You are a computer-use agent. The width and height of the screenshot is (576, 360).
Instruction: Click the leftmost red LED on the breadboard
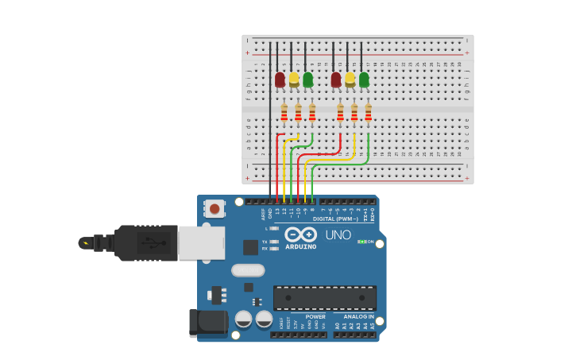coord(280,79)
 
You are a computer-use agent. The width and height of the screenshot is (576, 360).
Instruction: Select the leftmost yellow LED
coord(293,79)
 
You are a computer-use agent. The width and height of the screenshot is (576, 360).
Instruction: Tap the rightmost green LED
coord(364,79)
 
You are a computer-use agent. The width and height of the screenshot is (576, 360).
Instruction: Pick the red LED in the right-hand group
coord(336,79)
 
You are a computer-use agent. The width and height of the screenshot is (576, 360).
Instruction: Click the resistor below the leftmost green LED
coord(312,114)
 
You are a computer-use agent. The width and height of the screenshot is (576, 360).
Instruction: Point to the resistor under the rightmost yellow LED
coord(354,114)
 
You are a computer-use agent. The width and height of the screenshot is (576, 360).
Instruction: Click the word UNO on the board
coord(338,235)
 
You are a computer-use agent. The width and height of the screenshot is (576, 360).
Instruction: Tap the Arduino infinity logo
coord(300,234)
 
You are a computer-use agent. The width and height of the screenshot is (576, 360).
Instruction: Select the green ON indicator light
coord(361,242)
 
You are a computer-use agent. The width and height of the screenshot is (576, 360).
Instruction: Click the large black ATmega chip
coord(325,298)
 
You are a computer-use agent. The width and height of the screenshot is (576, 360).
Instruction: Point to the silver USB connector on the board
coord(202,242)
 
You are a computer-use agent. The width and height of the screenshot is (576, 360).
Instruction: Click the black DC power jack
coord(207,322)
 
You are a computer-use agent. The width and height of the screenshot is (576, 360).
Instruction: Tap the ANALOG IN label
coord(359,316)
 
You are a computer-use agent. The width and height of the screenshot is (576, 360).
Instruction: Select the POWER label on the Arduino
coord(315,316)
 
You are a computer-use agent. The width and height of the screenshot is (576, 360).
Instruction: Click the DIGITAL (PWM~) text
coord(334,219)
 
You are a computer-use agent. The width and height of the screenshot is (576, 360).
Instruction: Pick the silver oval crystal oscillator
coord(248,270)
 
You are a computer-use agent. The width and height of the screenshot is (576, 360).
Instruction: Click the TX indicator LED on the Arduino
coord(273,242)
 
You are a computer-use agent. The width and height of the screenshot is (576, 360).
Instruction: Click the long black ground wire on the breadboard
coord(270,119)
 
